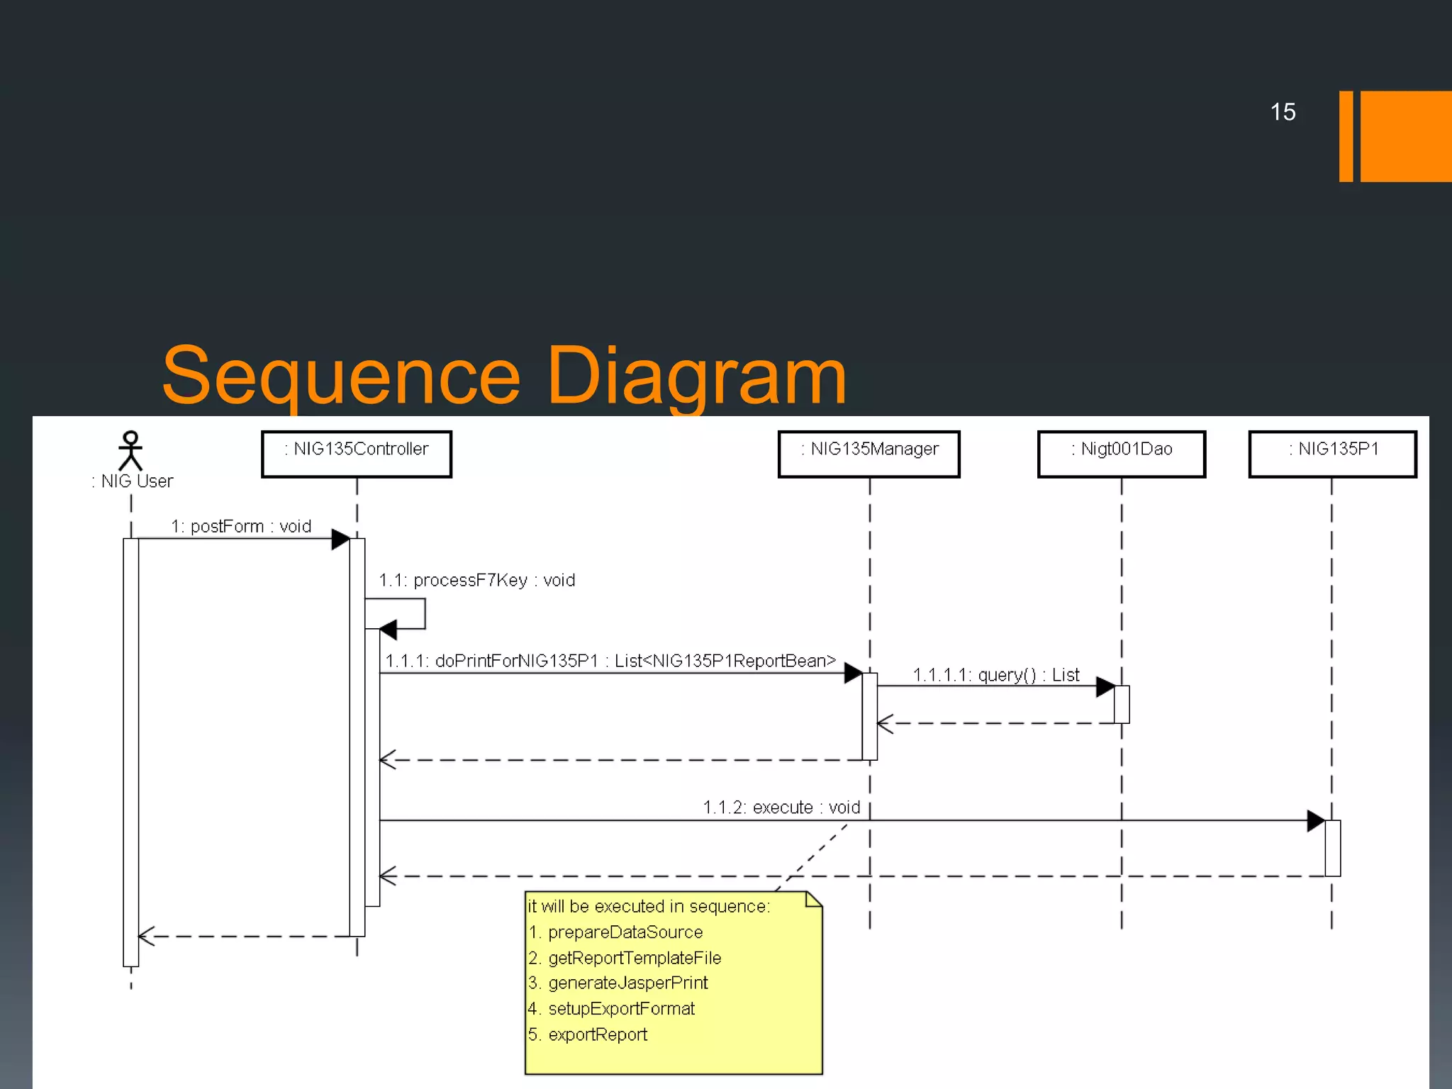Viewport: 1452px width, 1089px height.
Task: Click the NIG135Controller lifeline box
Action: point(356,454)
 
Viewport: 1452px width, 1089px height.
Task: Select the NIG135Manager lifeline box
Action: point(869,454)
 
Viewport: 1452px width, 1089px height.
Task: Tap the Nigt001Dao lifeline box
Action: point(1121,454)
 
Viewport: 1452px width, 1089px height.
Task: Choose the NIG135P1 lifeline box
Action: point(1332,454)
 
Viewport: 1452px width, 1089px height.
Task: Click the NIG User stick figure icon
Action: point(130,451)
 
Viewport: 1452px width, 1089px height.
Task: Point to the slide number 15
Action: point(1283,112)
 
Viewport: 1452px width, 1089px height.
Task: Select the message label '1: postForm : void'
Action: point(241,526)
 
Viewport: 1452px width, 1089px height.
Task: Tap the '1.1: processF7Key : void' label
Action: point(476,580)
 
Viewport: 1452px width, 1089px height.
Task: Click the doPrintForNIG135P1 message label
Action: point(610,661)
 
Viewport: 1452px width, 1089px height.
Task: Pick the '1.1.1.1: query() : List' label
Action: point(996,674)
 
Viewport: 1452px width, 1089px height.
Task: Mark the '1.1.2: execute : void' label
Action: point(781,807)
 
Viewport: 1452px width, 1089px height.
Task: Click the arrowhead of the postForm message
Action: point(340,539)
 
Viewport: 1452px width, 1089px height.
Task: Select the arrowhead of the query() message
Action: point(1105,686)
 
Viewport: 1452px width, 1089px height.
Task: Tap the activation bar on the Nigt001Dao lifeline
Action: point(1122,704)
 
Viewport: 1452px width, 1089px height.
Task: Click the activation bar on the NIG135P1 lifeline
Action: point(1332,848)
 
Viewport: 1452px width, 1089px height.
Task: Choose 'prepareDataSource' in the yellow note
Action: point(625,932)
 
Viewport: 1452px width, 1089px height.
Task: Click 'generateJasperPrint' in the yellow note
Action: point(627,983)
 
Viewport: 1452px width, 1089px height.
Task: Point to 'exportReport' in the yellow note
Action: point(598,1034)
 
